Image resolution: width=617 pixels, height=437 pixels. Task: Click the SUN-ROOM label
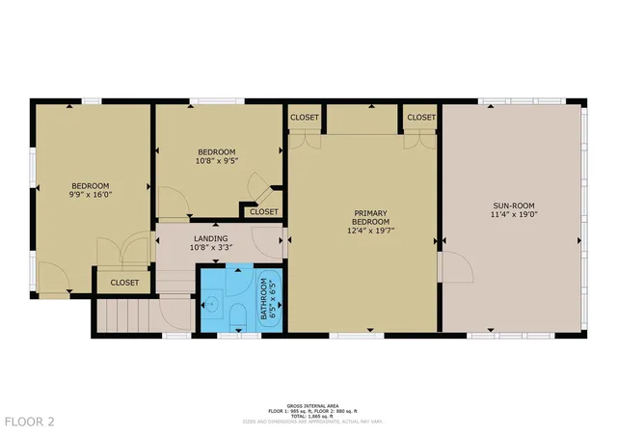pyautogui.click(x=514, y=205)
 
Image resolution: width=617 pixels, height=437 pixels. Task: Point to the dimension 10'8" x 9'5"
pyautogui.click(x=217, y=161)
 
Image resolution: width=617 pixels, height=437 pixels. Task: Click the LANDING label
pyautogui.click(x=210, y=238)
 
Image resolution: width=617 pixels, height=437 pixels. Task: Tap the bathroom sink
pyautogui.click(x=213, y=308)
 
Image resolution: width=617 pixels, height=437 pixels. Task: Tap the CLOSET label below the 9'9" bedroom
pyautogui.click(x=123, y=283)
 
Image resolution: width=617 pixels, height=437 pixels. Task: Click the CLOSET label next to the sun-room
pyautogui.click(x=420, y=117)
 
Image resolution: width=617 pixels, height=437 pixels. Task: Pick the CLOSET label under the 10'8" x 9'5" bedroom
pyautogui.click(x=263, y=211)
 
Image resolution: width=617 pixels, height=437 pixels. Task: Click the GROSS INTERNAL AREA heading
pyautogui.click(x=308, y=406)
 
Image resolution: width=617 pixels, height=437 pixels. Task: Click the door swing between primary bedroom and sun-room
pyautogui.click(x=458, y=267)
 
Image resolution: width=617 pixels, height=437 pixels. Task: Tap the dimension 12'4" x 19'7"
pyautogui.click(x=369, y=232)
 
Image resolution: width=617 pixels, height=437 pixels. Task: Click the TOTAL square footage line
pyautogui.click(x=308, y=417)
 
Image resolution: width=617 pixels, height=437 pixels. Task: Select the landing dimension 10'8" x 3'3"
pyautogui.click(x=210, y=248)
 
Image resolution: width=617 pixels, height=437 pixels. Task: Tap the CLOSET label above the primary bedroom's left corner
pyautogui.click(x=305, y=117)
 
